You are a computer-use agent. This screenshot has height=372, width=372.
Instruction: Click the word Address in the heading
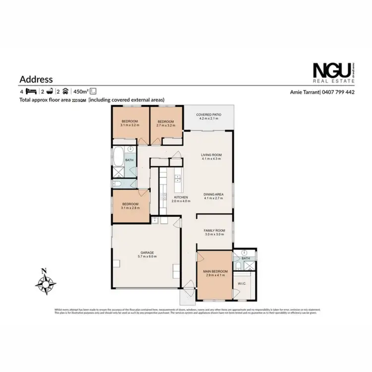click(36, 79)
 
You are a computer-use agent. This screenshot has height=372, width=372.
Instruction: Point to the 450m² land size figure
click(80, 92)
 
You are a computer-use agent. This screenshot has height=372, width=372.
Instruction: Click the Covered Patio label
click(208, 115)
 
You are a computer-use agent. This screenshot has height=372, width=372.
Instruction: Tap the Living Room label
click(211, 155)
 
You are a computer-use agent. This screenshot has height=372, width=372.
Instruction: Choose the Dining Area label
click(213, 194)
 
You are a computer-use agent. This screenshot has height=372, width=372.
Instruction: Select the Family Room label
click(215, 231)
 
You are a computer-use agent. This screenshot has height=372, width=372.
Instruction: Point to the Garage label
click(146, 253)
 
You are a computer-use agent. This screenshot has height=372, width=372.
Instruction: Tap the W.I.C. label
click(243, 284)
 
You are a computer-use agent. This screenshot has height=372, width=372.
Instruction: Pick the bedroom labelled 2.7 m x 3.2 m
click(165, 123)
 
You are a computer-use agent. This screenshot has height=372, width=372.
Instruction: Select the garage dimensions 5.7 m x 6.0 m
click(146, 257)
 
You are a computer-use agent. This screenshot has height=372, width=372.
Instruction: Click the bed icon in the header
click(31, 92)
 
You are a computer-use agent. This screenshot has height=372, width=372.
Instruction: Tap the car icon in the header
click(65, 92)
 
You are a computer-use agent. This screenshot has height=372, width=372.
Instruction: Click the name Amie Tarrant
click(306, 92)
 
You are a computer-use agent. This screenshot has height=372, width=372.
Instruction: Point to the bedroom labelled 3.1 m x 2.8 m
click(129, 206)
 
